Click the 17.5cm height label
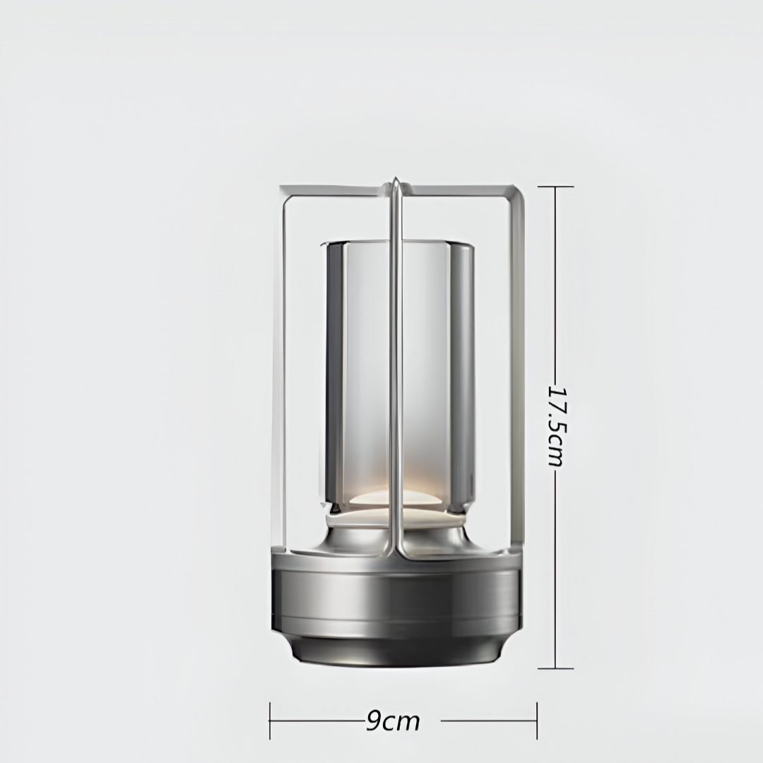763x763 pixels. click(x=556, y=426)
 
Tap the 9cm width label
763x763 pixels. click(x=394, y=721)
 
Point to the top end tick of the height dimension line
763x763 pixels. click(x=555, y=187)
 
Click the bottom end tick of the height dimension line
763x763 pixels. click(x=555, y=668)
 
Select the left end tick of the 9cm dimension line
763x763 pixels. click(x=270, y=721)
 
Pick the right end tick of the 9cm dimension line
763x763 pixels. click(x=537, y=721)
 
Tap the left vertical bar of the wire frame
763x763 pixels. click(x=284, y=367)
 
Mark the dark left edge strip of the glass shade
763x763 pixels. click(x=334, y=374)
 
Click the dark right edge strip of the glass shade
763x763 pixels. click(x=461, y=374)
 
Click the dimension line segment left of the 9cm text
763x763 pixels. click(x=318, y=721)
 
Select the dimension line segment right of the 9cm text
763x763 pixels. click(x=487, y=721)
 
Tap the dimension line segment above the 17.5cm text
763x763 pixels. click(x=555, y=283)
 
